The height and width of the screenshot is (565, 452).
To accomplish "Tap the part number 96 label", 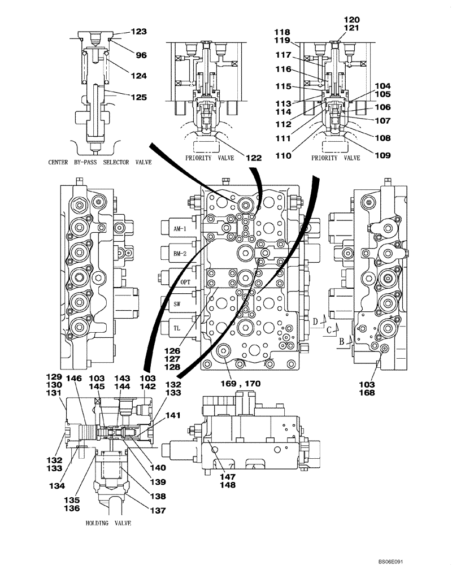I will pyautogui.click(x=141, y=55).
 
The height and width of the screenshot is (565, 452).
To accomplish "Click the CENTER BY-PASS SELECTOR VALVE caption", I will pyautogui.click(x=100, y=162).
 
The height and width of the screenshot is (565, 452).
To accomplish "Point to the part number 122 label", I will pyautogui.click(x=254, y=159).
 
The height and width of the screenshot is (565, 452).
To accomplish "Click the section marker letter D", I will pyautogui.click(x=314, y=321).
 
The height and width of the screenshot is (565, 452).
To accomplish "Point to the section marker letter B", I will pyautogui.click(x=341, y=341).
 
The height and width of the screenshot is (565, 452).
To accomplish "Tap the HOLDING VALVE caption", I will pyautogui.click(x=108, y=523).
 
